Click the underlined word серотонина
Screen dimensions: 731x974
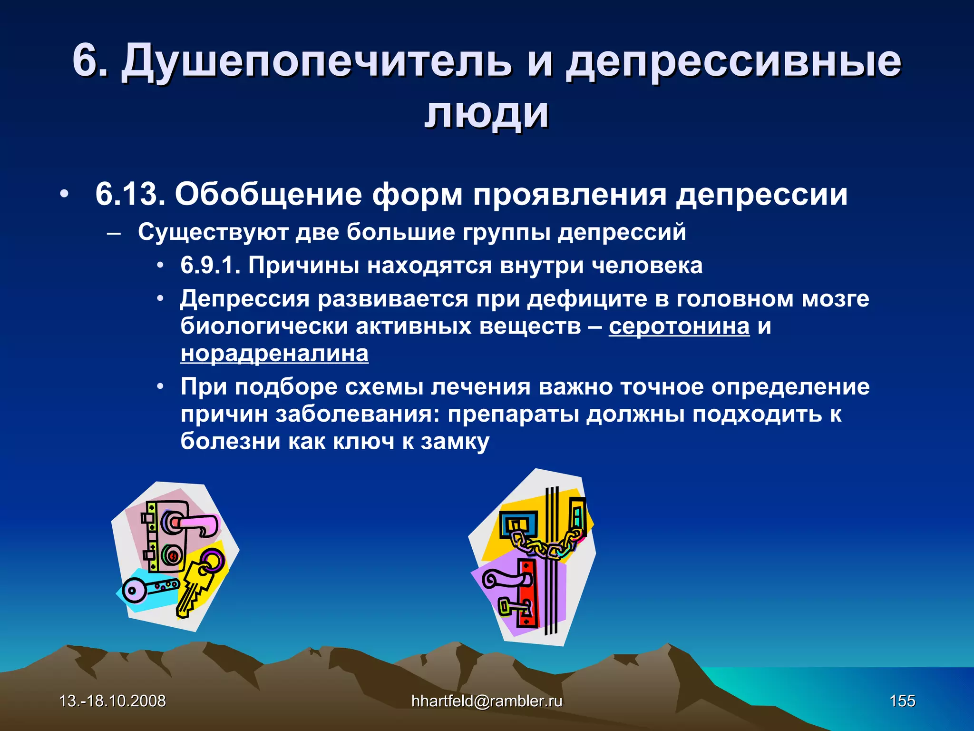(679, 326)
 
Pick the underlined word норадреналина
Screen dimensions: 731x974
(274, 354)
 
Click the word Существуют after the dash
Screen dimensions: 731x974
(213, 232)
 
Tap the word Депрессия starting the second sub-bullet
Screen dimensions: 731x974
(244, 299)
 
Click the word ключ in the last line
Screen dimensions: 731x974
(364, 441)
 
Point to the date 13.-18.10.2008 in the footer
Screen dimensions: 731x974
(112, 701)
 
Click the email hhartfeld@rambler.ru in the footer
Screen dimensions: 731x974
(487, 701)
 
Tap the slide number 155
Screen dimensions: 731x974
(902, 701)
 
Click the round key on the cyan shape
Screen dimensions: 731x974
(143, 589)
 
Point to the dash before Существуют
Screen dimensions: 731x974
(114, 233)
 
